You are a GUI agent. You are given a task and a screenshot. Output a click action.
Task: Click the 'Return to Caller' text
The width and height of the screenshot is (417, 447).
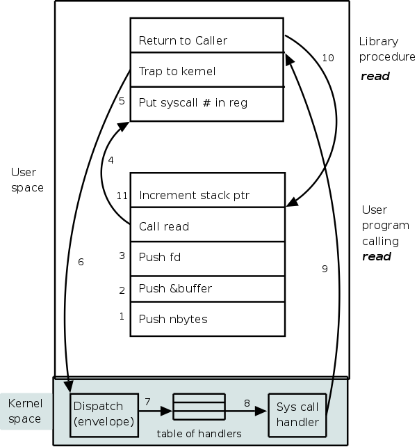pos(183,40)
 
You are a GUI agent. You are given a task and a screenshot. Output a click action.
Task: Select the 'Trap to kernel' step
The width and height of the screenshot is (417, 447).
pos(177,71)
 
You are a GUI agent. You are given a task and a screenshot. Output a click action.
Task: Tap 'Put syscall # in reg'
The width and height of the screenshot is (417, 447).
pos(193,103)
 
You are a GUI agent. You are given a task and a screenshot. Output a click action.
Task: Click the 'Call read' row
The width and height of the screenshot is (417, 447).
pos(164,226)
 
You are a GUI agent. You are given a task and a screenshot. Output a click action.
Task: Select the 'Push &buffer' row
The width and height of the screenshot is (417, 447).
pos(175,288)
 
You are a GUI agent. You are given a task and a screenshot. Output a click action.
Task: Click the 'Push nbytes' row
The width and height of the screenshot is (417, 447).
pos(173,319)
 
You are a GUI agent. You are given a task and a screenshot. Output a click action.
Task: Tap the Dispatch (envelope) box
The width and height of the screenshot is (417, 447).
pos(102,413)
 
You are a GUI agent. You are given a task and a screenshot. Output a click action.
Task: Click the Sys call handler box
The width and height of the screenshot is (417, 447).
pos(297,414)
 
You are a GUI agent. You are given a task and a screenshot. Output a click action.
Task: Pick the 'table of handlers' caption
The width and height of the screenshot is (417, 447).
pos(199,434)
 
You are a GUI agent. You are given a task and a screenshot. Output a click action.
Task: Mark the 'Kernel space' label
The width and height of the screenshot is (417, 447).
pos(25,411)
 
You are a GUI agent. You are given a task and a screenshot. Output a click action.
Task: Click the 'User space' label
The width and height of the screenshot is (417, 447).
pos(26,179)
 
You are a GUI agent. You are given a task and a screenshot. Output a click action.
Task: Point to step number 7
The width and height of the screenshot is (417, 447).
pos(147,402)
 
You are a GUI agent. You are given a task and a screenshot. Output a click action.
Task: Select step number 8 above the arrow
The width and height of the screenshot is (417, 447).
pos(247,402)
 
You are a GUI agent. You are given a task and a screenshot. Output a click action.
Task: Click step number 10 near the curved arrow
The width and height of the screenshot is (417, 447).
pos(328,58)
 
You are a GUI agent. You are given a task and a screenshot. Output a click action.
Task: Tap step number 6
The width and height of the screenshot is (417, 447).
pos(81,262)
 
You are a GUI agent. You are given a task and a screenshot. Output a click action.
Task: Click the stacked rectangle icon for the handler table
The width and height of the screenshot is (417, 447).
pos(199,407)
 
